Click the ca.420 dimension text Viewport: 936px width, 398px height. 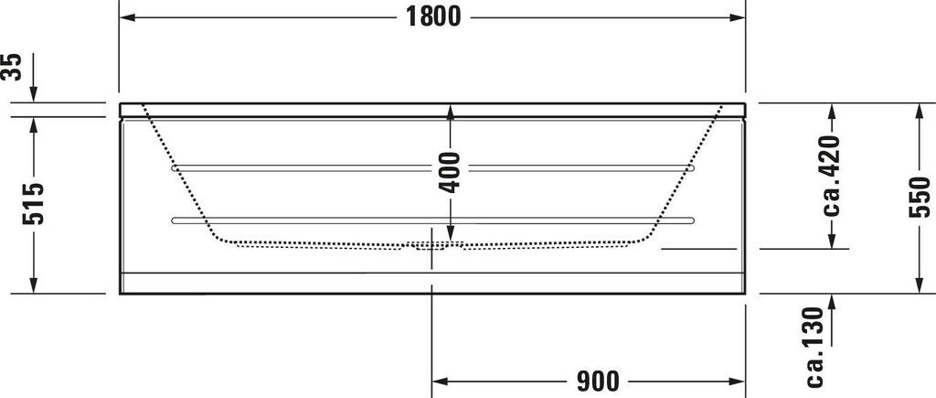831,175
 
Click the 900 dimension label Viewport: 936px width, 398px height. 599,380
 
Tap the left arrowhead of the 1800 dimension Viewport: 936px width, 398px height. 129,17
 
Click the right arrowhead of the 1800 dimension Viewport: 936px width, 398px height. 738,17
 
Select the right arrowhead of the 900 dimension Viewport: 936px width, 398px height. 738,380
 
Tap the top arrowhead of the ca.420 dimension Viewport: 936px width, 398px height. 832,112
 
